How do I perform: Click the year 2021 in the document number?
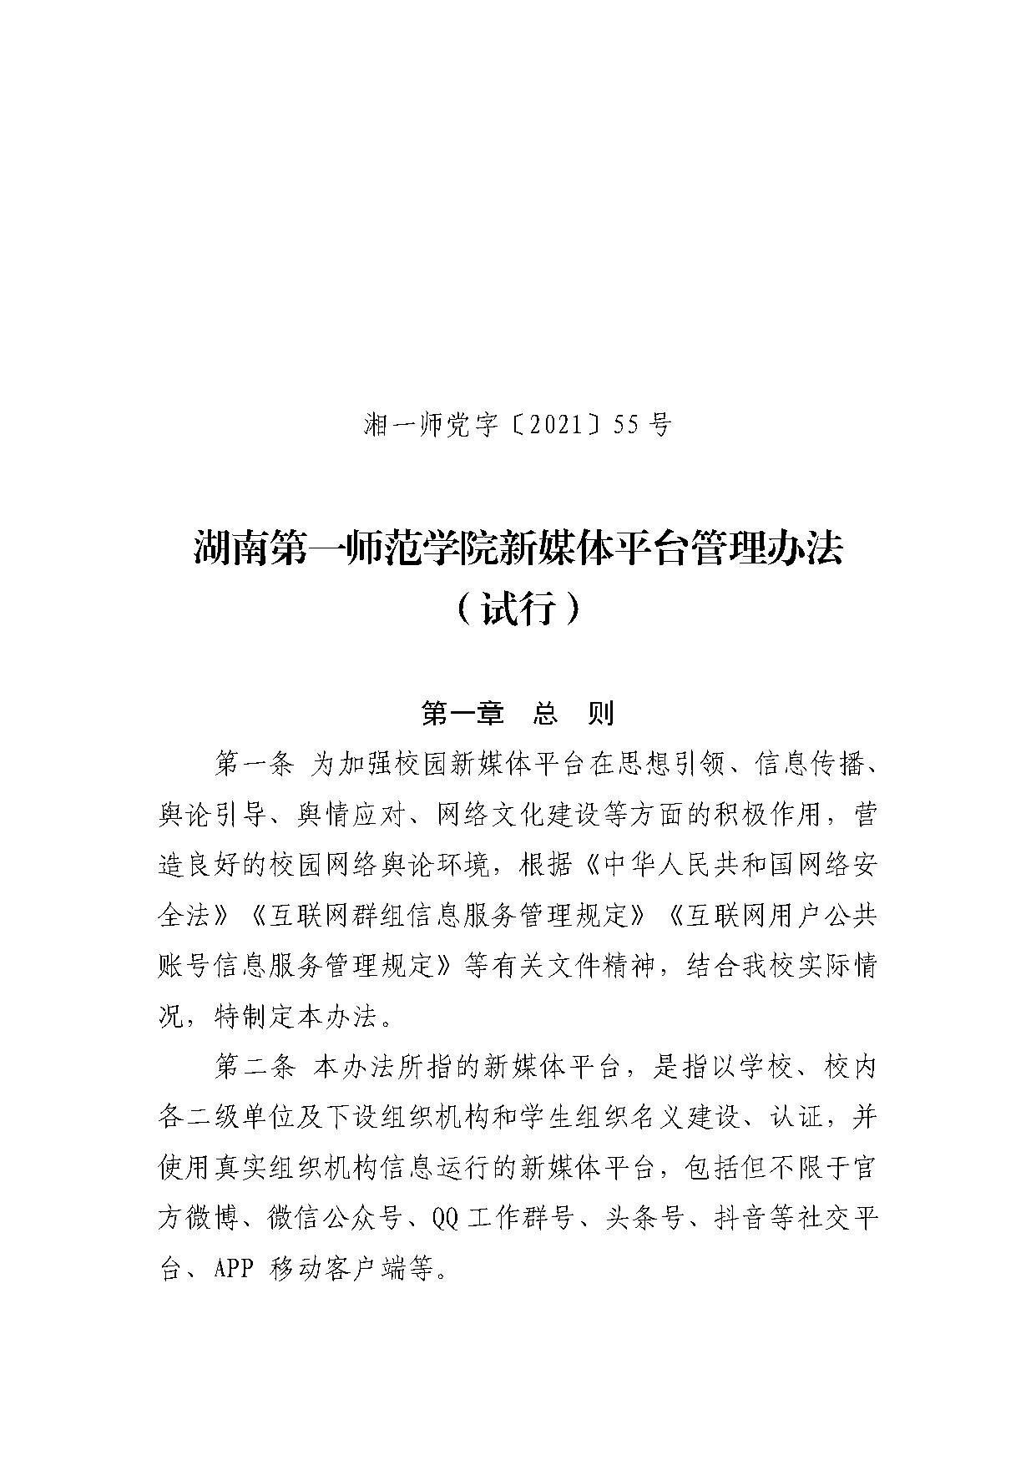(558, 426)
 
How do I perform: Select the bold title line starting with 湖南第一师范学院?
(518, 548)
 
